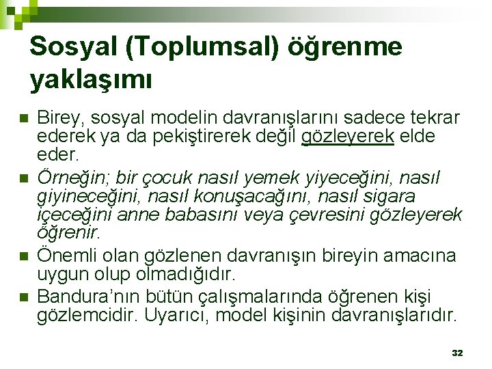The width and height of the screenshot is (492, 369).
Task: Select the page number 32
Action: coord(458,353)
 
